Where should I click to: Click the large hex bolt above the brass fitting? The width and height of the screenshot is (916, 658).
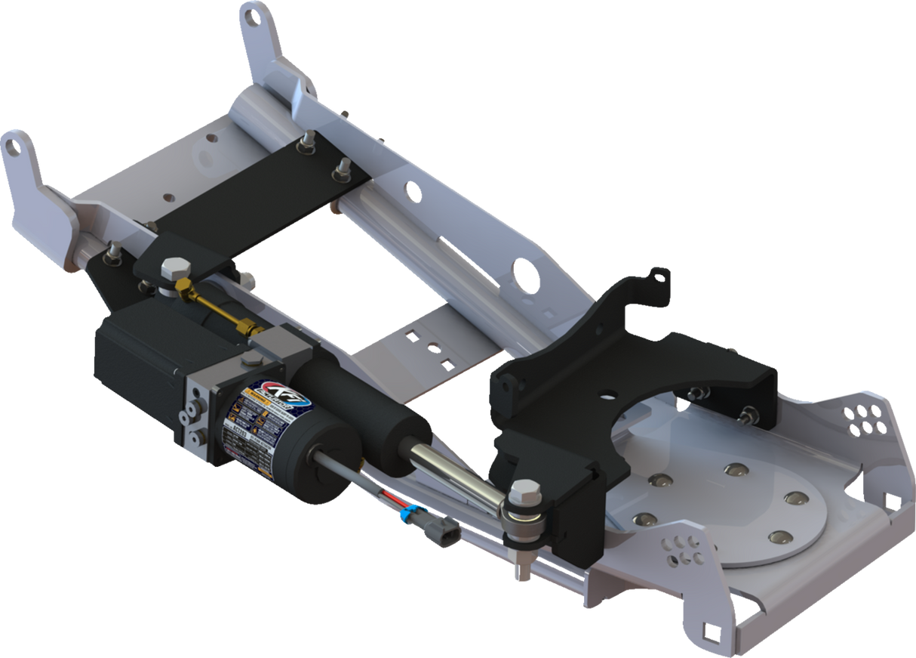click(176, 267)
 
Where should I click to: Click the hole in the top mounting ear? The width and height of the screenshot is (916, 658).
click(254, 13)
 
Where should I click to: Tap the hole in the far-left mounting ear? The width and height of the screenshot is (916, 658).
click(11, 147)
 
